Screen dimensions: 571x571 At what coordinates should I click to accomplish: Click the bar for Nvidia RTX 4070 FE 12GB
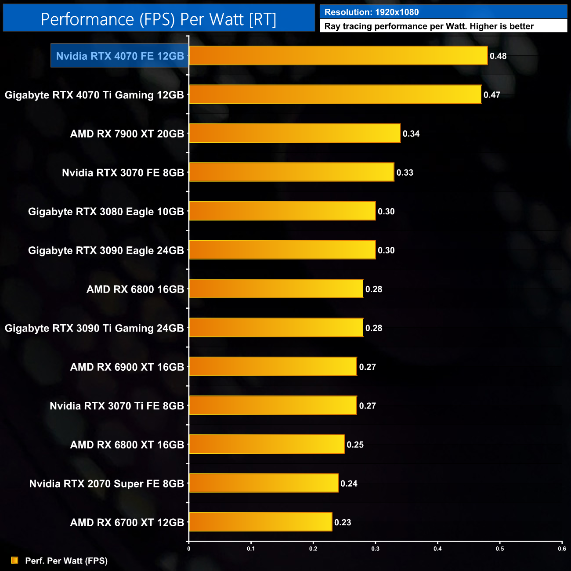[x=338, y=56]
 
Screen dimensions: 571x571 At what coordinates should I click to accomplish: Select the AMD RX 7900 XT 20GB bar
[x=295, y=134]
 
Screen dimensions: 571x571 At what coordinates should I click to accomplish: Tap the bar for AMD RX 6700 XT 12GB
[x=260, y=522]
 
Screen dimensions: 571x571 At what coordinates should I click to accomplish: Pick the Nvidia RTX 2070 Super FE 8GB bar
[x=264, y=483]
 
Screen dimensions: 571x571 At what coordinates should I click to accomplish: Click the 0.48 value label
[x=498, y=56]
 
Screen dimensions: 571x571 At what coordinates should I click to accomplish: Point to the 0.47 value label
[x=492, y=95]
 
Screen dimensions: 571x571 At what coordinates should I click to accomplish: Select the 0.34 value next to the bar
[x=411, y=134]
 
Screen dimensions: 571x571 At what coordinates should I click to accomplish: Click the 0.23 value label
[x=343, y=523]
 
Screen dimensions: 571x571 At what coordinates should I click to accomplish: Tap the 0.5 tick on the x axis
[x=500, y=549]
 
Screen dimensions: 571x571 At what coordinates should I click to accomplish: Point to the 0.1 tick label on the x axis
[x=251, y=549]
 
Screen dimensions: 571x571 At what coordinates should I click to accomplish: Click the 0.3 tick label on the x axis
[x=376, y=549]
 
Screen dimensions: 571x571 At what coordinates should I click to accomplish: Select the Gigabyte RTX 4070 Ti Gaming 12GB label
[x=94, y=95]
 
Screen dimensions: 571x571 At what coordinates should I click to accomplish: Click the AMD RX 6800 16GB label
[x=135, y=289]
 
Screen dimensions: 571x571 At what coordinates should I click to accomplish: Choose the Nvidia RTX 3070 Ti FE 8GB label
[x=117, y=406]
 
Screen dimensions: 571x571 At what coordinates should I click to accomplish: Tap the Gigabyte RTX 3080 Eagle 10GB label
[x=106, y=212]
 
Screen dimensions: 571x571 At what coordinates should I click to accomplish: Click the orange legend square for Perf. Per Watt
[x=14, y=560]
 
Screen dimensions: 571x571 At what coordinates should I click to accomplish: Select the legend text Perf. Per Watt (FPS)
[x=66, y=561]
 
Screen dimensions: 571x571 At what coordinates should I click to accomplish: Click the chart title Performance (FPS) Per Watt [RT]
[x=159, y=19]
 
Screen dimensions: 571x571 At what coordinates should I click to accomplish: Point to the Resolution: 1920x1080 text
[x=372, y=12]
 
